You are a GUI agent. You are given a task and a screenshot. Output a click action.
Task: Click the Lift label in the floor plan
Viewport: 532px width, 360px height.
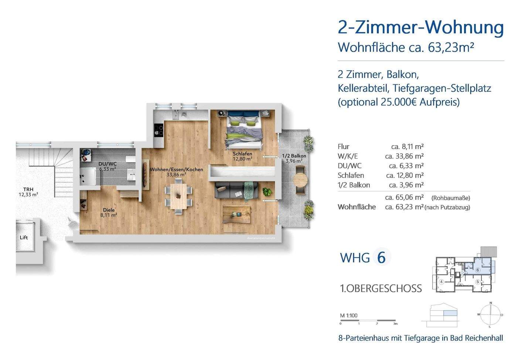[x=24, y=237]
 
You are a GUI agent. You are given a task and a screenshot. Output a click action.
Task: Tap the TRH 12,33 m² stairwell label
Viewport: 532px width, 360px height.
[x=28, y=191]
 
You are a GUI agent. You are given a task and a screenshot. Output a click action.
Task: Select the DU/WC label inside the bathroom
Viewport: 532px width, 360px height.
[x=107, y=166]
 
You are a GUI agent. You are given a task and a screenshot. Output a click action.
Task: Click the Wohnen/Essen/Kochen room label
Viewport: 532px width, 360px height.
[x=176, y=172]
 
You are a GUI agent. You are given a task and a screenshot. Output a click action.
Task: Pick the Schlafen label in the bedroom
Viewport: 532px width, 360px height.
[x=242, y=156]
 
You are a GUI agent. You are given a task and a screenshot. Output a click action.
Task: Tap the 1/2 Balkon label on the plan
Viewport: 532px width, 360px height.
[x=294, y=158]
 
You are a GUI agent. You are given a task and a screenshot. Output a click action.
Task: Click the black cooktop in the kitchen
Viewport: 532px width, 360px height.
[x=159, y=130]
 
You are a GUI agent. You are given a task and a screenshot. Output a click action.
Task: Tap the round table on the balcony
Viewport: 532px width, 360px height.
[x=300, y=180]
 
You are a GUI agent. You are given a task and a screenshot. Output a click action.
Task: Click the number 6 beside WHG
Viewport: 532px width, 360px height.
[x=381, y=257]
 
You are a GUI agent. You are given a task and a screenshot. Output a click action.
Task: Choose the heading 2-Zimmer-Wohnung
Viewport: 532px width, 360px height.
[x=421, y=28]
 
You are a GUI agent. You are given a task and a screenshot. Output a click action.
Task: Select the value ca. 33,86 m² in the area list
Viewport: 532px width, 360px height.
[x=404, y=156]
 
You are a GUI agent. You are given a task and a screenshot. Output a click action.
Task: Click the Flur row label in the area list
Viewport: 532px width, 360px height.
[x=343, y=146]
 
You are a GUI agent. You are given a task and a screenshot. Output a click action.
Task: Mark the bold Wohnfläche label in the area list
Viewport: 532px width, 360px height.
[x=357, y=207]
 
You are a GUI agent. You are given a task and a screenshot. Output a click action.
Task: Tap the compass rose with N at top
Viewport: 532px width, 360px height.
[x=490, y=315]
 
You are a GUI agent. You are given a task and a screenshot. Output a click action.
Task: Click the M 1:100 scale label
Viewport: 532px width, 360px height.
[x=349, y=316]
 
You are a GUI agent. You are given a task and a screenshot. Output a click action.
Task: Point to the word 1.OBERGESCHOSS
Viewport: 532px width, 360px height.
[x=381, y=288]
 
